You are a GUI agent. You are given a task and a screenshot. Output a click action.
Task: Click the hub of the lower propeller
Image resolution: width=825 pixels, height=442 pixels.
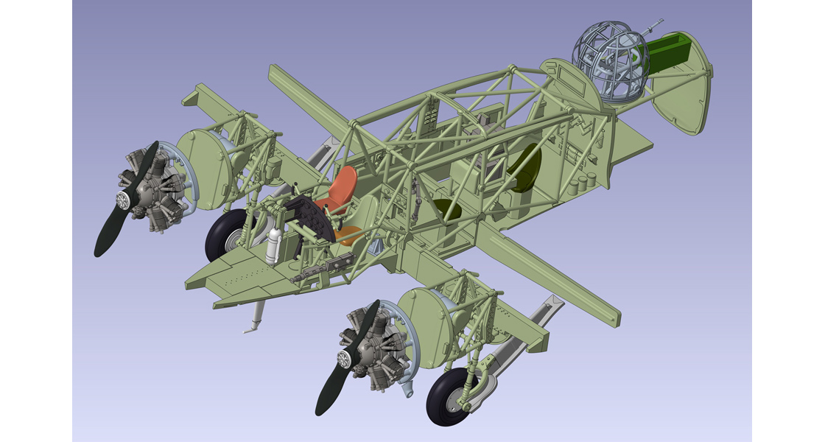(343, 359)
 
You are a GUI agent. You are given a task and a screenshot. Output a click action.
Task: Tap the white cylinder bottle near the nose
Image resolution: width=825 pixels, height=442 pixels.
(273, 246)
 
